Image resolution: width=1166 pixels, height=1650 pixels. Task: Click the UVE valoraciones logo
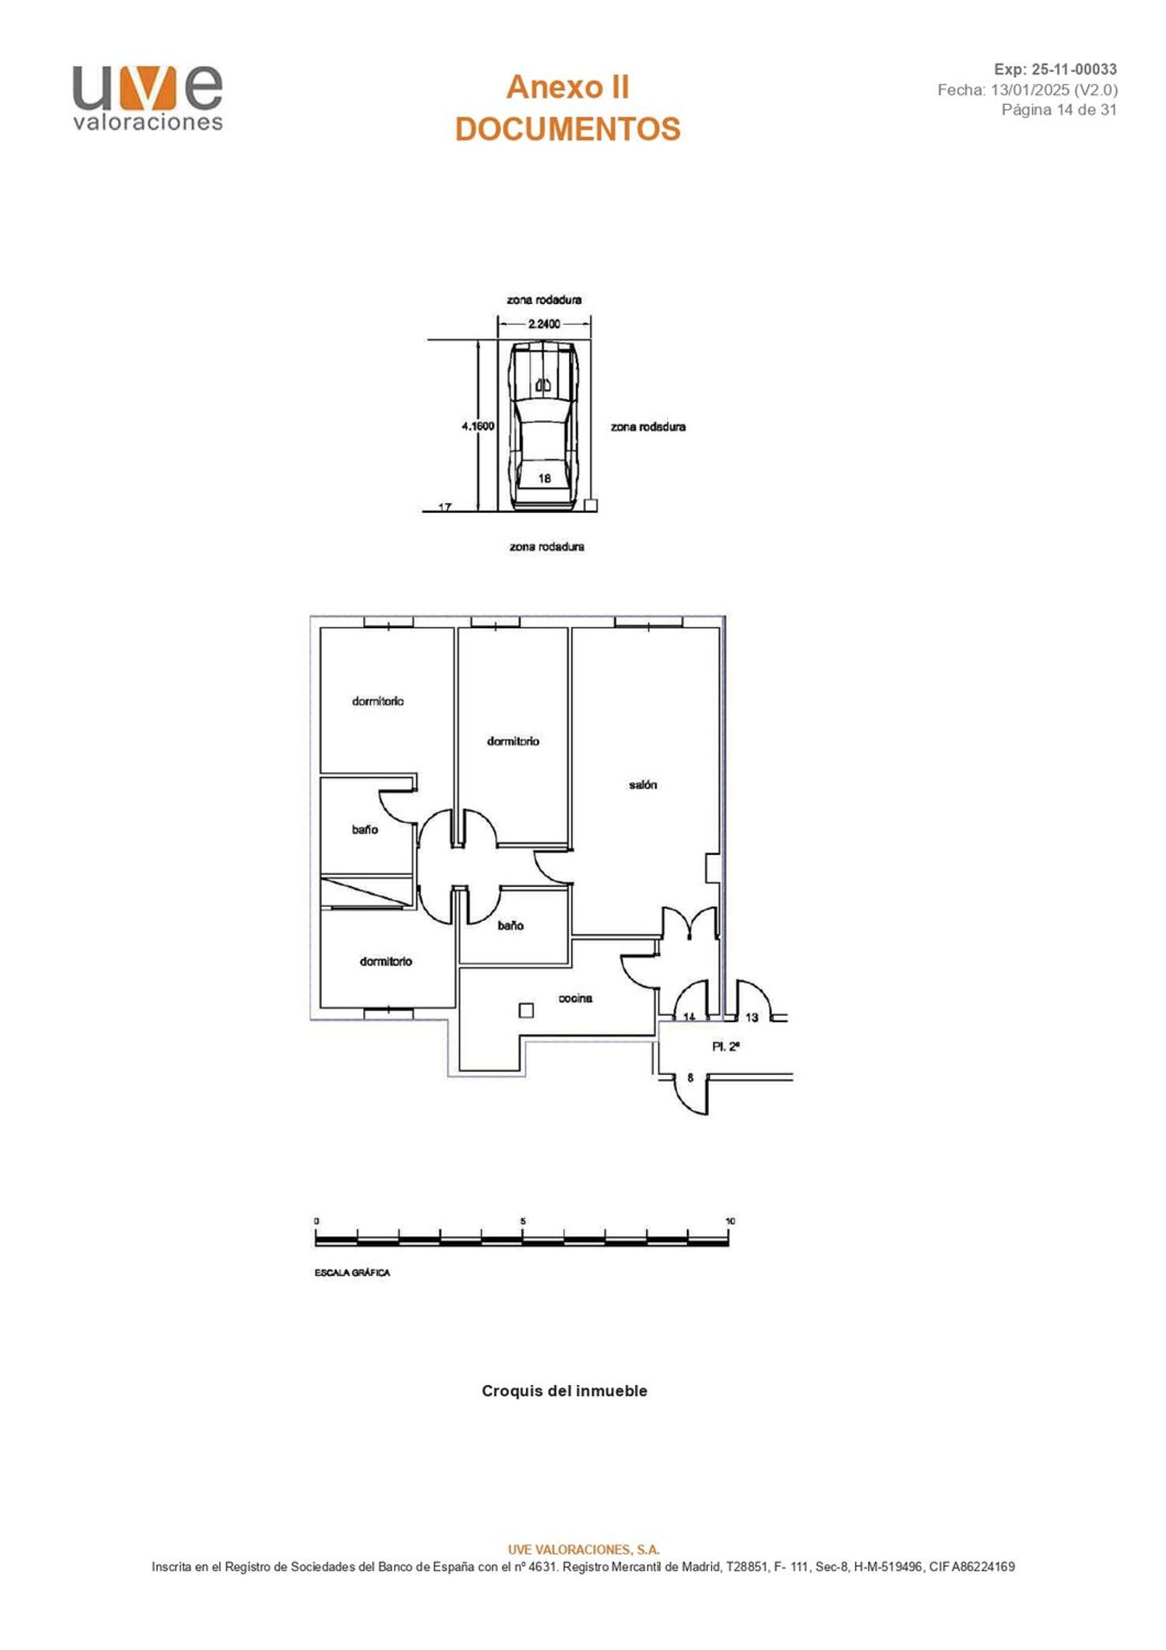148,99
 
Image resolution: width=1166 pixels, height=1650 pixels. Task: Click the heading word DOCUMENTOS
567,129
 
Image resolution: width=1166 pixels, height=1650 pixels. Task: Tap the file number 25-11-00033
1074,69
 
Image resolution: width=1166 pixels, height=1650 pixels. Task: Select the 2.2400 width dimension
544,324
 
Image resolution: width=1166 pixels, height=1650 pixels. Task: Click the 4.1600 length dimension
478,426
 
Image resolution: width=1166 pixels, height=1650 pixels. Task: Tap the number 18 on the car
544,478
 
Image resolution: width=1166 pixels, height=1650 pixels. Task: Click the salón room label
643,785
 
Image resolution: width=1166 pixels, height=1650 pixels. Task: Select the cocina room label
575,998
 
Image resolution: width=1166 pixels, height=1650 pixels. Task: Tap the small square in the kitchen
526,1010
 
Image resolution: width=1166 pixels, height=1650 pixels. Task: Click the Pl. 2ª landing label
726,1047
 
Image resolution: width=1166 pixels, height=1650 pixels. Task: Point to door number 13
752,1017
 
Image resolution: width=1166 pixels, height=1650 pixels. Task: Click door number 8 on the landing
690,1078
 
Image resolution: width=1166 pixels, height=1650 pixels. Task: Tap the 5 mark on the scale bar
523,1221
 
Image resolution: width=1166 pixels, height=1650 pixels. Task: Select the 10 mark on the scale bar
730,1221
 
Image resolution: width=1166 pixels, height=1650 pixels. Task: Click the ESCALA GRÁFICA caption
352,1273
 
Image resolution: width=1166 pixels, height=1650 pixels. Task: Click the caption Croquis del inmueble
564,1390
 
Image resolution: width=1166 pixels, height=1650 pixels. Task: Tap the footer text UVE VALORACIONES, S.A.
583,1549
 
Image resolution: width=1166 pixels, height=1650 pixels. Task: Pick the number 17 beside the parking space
445,508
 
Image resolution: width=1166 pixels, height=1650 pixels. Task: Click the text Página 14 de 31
1059,110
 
